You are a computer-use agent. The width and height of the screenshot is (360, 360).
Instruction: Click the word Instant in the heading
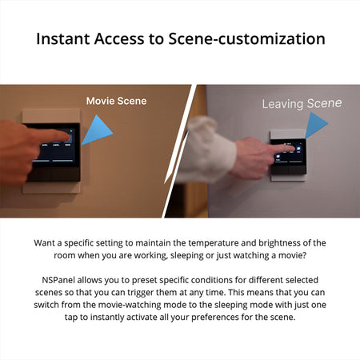64,38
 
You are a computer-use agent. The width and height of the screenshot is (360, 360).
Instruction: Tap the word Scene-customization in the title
246,38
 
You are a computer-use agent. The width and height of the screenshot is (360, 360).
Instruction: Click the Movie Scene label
117,101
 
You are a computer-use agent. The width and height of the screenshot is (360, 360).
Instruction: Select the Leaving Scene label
302,103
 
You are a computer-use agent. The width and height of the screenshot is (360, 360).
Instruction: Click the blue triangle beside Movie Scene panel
97,131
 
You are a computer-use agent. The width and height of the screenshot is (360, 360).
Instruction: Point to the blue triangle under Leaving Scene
316,125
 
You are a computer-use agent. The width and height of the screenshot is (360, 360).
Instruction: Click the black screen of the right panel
290,152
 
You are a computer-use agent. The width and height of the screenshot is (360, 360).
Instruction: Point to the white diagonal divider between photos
178,151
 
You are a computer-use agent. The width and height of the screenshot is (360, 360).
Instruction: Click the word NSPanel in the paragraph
58,280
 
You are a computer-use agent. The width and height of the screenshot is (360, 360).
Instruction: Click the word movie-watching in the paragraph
130,305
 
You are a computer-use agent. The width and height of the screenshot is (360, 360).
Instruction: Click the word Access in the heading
119,38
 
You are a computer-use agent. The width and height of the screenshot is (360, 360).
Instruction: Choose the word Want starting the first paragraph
45,243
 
